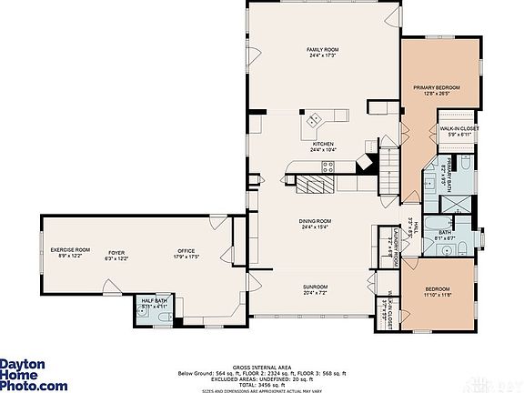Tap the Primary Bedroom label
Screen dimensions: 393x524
pos(436,90)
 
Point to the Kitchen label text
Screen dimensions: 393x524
pos(324,146)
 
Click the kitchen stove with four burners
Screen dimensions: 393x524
pos(328,166)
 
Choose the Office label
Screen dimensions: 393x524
pos(187,254)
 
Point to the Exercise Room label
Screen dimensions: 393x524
pos(70,252)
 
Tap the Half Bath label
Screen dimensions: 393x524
pos(153,304)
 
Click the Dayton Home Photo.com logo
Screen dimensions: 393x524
pos(33,374)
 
